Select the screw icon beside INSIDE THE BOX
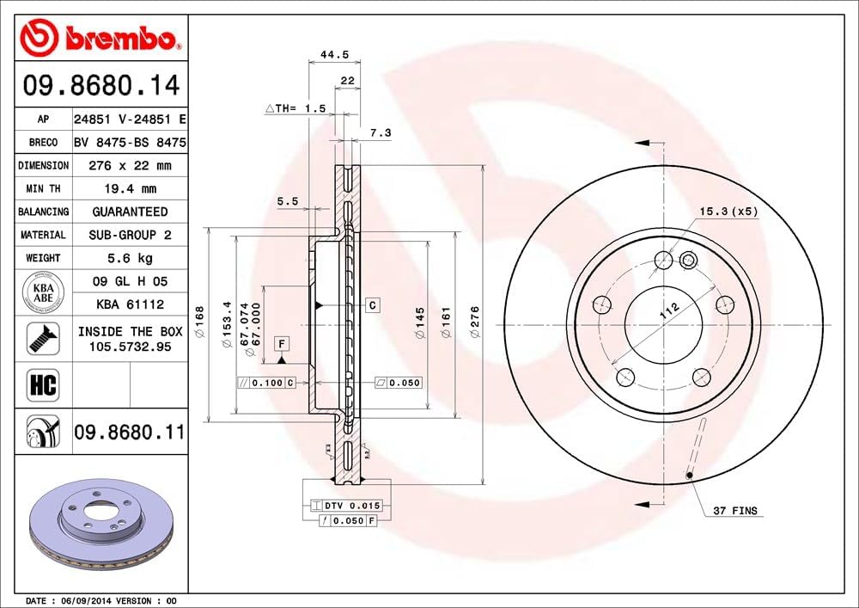tap(42, 338)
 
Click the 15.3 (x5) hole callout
tap(728, 211)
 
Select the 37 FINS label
tap(735, 511)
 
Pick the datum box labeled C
tap(373, 305)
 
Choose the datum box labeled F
tap(281, 345)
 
